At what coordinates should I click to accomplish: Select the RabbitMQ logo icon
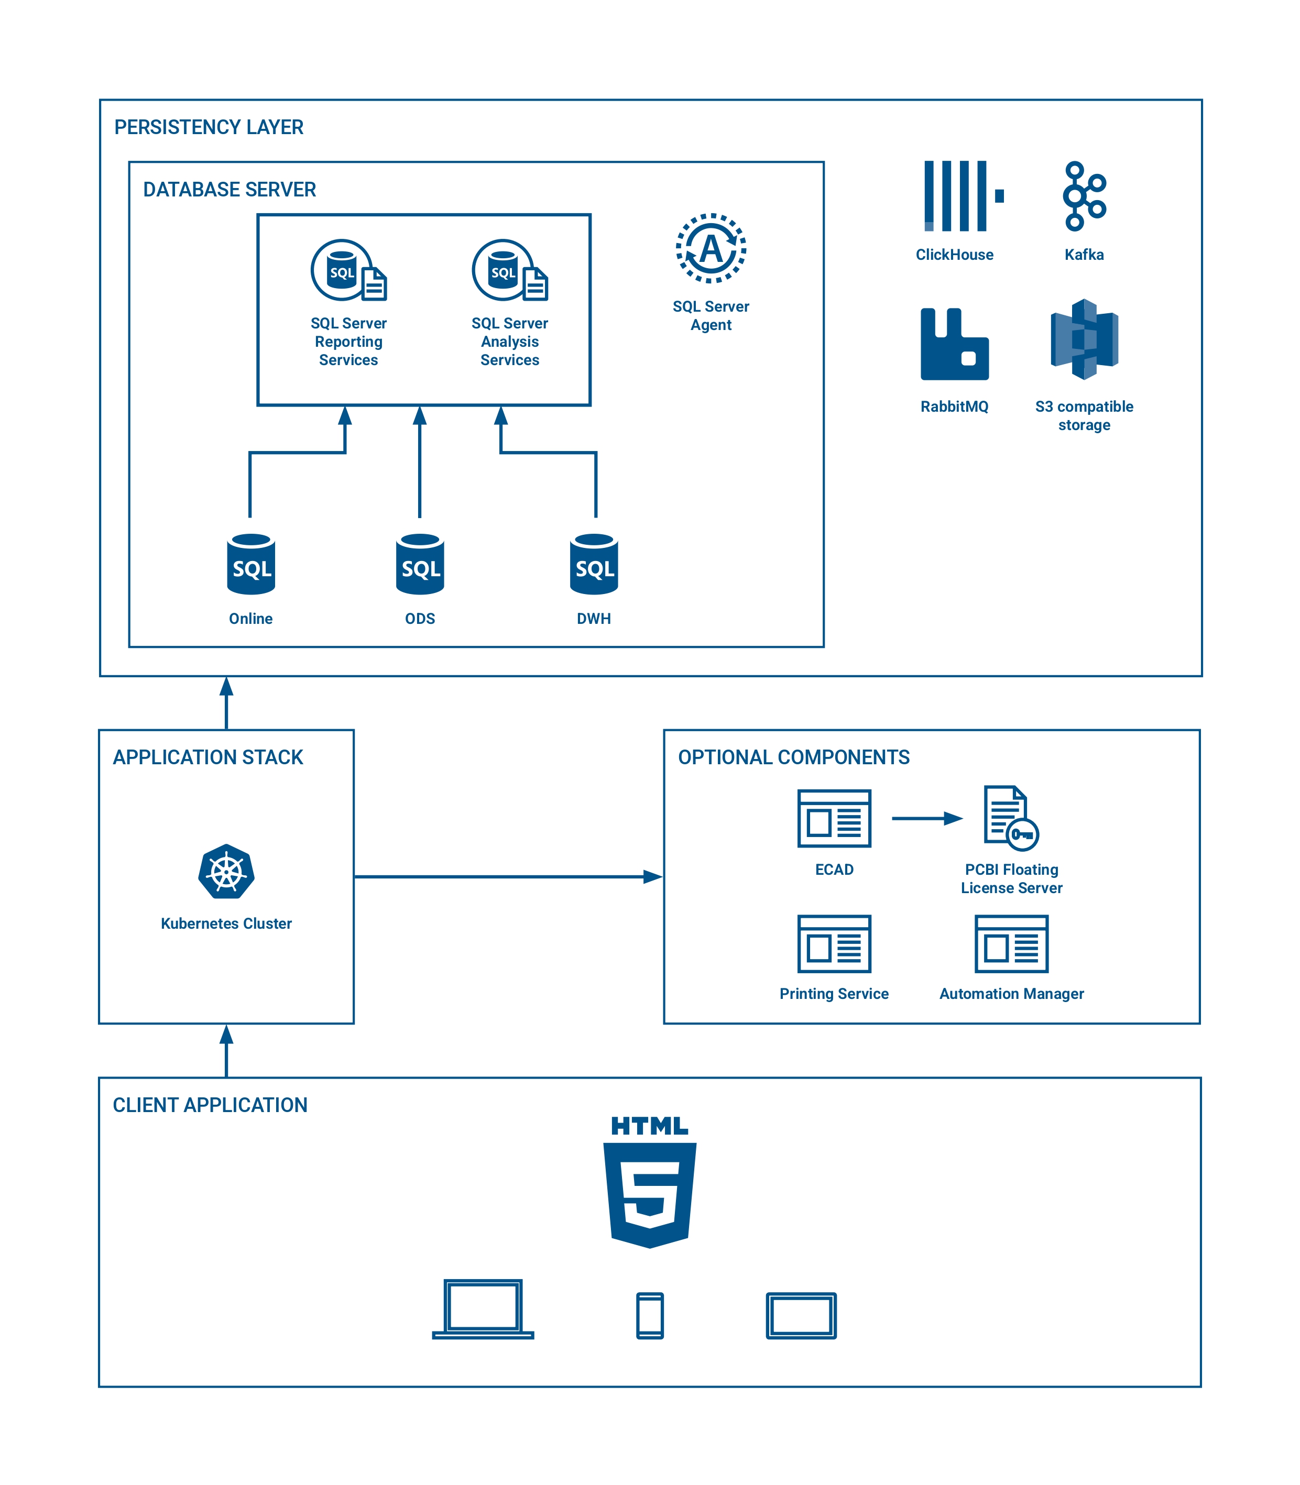coord(954,345)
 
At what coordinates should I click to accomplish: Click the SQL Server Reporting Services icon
coord(348,270)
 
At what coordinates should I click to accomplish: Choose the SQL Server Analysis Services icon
coord(509,270)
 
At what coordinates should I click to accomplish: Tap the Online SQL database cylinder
coord(251,564)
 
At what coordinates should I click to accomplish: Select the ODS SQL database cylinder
coord(420,564)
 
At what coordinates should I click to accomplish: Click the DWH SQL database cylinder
coord(594,564)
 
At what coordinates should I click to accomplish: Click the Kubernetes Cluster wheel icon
coord(226,872)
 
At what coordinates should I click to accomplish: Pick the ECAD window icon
coord(834,819)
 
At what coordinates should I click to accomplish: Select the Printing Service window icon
coord(834,944)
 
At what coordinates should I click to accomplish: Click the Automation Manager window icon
coord(1011,944)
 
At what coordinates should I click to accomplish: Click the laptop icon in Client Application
coord(483,1310)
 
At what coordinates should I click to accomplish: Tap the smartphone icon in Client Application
coord(650,1315)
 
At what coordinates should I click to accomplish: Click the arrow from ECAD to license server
coord(926,819)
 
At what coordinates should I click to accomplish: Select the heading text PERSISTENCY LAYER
coord(209,128)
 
